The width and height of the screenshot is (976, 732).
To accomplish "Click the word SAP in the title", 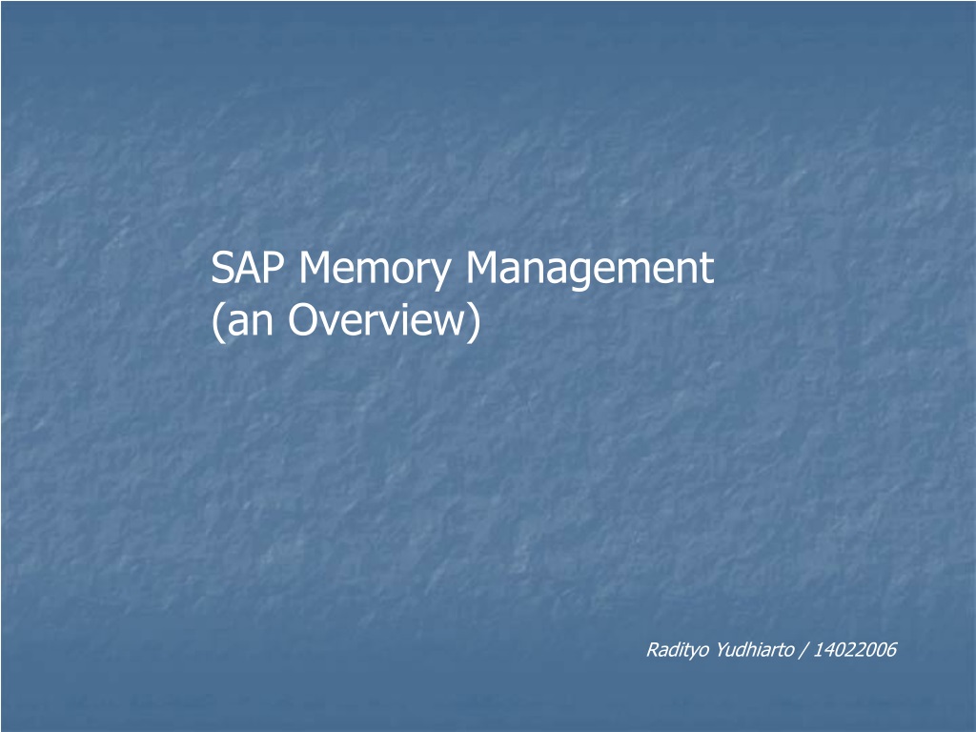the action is [x=248, y=268].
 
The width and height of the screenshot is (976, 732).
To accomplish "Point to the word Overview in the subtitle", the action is [x=376, y=319].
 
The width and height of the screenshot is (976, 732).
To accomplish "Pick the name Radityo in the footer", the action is [x=678, y=650].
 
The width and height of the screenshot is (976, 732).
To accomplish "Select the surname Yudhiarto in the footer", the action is [x=755, y=649].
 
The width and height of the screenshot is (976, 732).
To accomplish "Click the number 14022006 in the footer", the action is [x=855, y=650].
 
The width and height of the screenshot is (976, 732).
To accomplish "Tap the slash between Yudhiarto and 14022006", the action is [x=803, y=650].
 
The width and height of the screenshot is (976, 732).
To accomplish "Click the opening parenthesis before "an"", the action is [x=217, y=322].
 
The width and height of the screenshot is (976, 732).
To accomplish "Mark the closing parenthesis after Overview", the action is [x=475, y=322].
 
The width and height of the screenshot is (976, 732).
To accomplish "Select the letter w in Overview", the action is [x=446, y=324].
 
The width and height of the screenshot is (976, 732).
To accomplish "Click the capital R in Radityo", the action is [x=653, y=650].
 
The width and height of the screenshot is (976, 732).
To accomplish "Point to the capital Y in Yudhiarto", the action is [x=722, y=650].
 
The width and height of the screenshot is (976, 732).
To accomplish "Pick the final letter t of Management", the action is [x=708, y=270].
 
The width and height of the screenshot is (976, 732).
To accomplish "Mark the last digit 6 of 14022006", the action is [x=891, y=650].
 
